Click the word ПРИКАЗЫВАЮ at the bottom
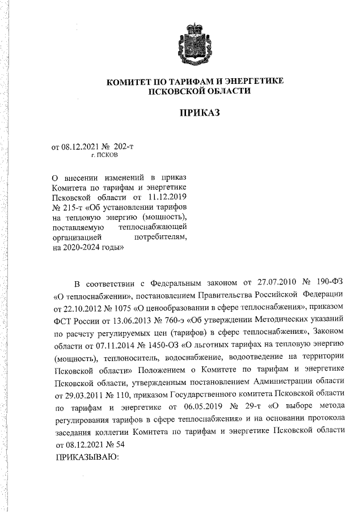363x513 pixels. pyautogui.click(x=85, y=457)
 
